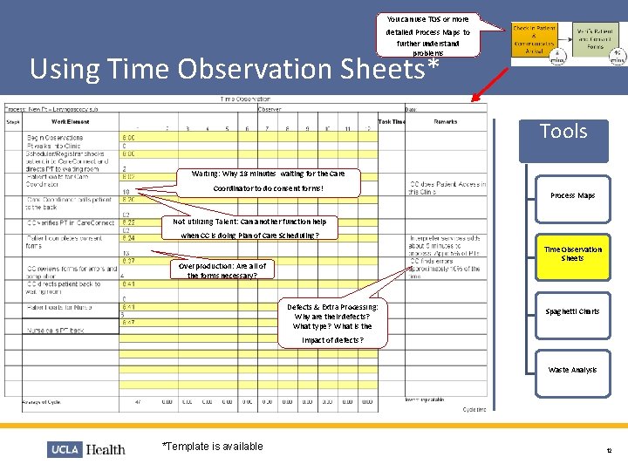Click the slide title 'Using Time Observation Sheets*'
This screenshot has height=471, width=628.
coord(234,69)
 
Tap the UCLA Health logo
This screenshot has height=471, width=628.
coord(87,449)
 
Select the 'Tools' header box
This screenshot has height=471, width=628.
coord(563,133)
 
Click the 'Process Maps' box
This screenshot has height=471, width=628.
coord(572,196)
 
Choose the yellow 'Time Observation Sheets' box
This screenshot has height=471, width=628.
coord(572,254)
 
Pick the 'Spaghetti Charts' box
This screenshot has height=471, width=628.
coord(572,311)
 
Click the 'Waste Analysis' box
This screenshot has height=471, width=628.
coord(572,370)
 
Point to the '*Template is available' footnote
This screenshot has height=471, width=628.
coord(213,447)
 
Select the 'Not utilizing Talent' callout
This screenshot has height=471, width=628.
coord(249,229)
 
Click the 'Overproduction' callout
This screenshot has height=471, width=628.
coord(222,270)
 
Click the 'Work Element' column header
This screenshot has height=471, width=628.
coord(71,122)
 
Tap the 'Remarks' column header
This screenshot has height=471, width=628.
coord(446,122)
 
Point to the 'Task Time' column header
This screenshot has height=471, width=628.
coord(392,122)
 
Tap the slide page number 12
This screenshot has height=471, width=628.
coord(608,450)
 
